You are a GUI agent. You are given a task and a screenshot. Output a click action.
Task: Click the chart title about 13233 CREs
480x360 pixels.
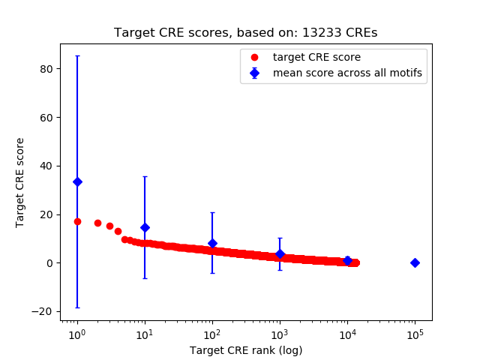(245, 33)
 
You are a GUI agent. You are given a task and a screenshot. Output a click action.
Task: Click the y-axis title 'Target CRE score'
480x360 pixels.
(20, 182)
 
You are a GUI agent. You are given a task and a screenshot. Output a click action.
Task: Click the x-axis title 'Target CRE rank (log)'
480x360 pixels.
(245, 349)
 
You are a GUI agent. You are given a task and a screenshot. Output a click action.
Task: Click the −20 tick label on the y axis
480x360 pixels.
(42, 311)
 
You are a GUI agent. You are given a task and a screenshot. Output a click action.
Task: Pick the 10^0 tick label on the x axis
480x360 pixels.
(76, 333)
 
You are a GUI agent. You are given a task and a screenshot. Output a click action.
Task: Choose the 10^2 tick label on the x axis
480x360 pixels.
(212, 333)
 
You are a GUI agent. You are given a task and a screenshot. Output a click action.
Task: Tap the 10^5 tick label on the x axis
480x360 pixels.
(415, 333)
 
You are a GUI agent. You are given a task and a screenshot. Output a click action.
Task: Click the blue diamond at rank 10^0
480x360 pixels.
(77, 181)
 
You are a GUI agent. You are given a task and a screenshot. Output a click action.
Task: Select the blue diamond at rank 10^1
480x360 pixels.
(145, 227)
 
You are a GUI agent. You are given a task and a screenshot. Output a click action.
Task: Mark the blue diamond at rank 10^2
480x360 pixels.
(212, 243)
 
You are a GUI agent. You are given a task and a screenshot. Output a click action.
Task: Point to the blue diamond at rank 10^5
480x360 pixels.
(415, 262)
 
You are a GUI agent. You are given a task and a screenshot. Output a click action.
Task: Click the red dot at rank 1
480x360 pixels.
(77, 221)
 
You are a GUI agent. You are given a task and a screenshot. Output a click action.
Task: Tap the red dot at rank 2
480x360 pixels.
(97, 223)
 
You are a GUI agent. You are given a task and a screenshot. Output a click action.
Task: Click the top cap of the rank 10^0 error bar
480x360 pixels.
(77, 55)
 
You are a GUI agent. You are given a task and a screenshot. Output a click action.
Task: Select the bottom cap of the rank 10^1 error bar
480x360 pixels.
(145, 278)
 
